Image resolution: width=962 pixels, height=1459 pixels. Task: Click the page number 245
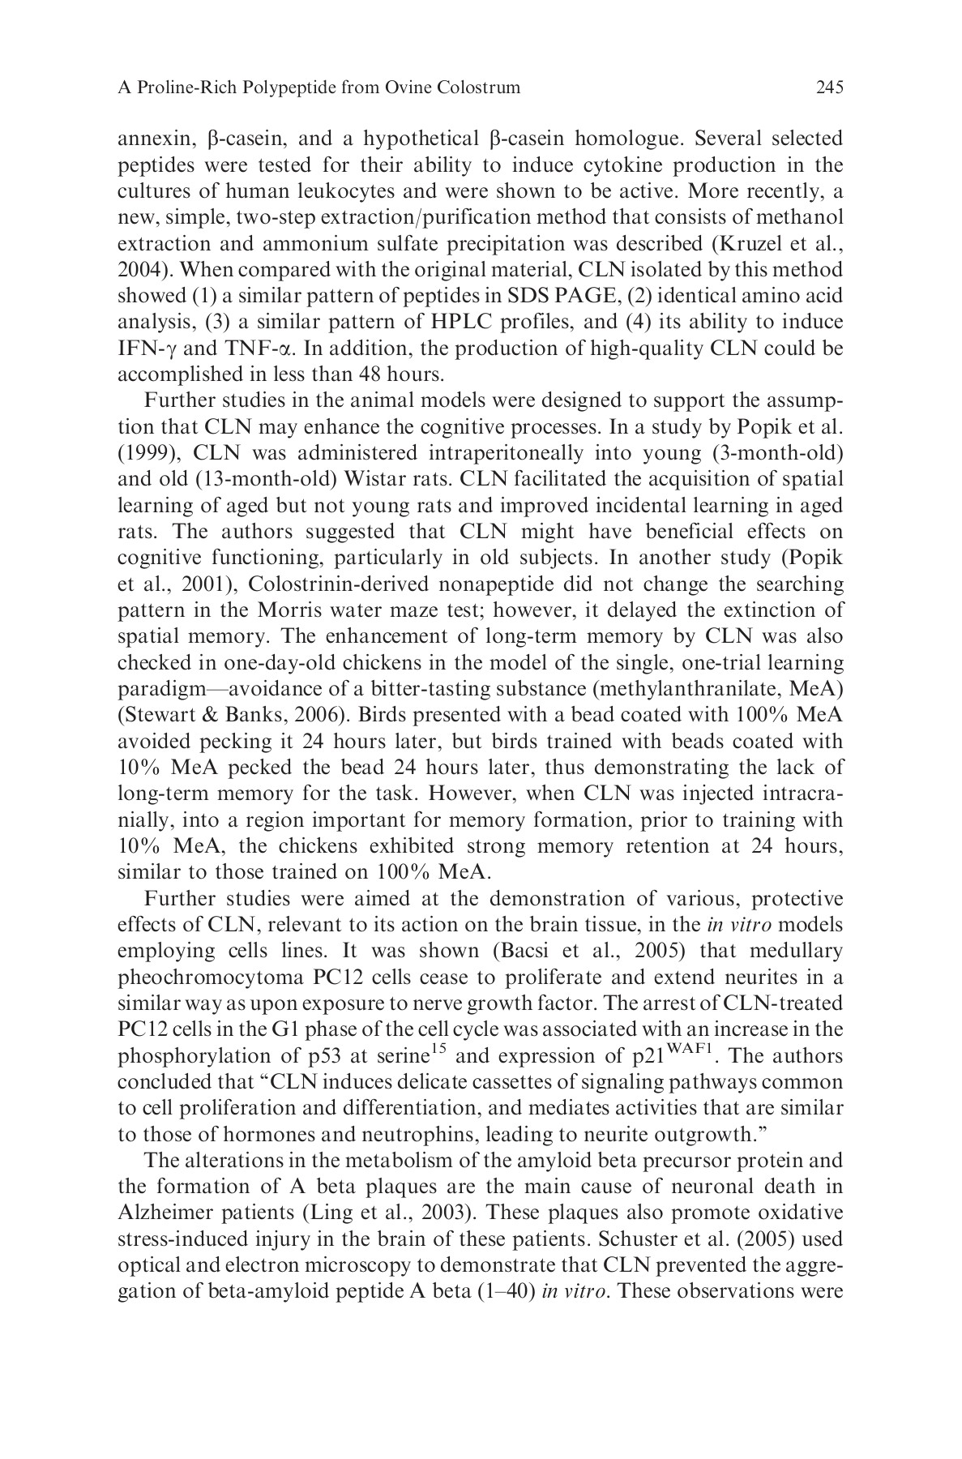tap(829, 88)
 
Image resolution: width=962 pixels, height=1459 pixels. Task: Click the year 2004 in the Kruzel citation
tap(137, 270)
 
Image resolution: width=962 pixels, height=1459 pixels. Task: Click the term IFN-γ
tap(140, 349)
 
